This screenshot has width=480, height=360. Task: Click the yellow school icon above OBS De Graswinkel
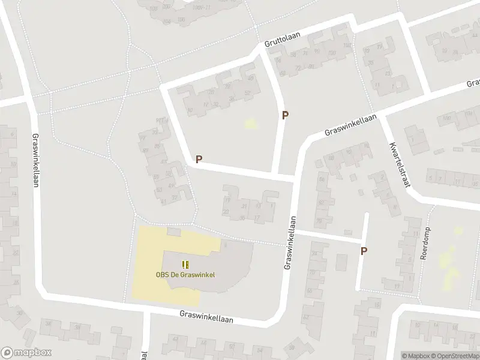tap(185, 264)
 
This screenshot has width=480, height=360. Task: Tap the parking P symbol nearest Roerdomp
tap(364, 251)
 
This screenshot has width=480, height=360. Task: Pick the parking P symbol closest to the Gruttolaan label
tap(286, 115)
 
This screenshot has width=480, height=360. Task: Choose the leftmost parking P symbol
tap(199, 160)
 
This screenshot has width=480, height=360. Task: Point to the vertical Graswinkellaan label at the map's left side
tap(35, 161)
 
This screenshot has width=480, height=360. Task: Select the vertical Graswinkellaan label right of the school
tap(290, 242)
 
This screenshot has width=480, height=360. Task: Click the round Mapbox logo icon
tap(7, 353)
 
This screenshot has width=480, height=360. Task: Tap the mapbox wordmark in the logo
tap(33, 353)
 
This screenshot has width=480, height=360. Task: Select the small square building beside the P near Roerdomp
tap(342, 262)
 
